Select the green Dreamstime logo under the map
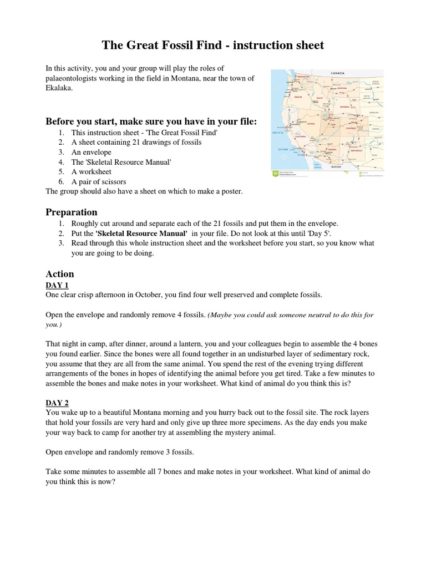(x=276, y=174)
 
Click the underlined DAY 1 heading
(x=57, y=285)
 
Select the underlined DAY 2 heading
(x=57, y=402)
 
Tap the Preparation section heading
(x=71, y=212)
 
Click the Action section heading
(x=59, y=273)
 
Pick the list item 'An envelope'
(x=92, y=152)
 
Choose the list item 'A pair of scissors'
(x=99, y=181)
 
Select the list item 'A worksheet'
(x=92, y=171)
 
